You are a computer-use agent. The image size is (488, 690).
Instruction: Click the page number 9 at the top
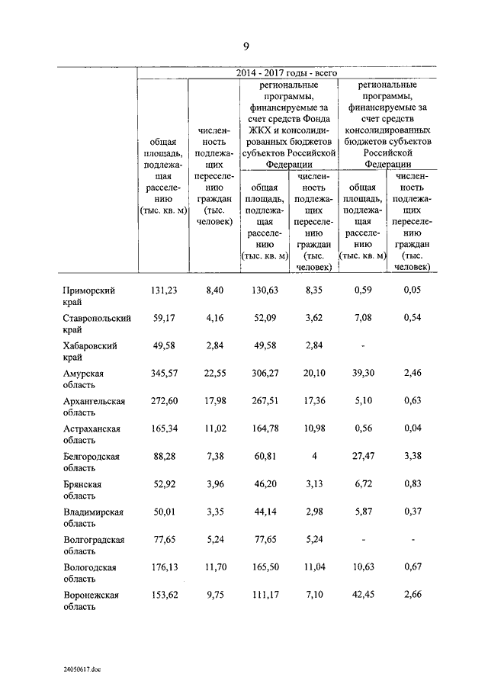click(x=245, y=47)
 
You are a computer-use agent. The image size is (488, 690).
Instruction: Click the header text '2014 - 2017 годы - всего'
click(x=287, y=72)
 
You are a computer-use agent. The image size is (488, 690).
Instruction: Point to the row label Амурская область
click(x=83, y=379)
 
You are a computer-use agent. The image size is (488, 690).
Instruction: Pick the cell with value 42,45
click(x=362, y=594)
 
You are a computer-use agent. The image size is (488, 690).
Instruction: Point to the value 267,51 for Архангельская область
click(x=261, y=401)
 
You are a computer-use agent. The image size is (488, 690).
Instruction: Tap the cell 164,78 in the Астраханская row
click(x=261, y=428)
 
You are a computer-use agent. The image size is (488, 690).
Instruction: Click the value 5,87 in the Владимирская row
click(x=362, y=512)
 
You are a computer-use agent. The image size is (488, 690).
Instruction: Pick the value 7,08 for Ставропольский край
click(x=362, y=318)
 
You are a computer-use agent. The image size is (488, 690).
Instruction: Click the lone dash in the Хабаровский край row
click(x=363, y=345)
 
